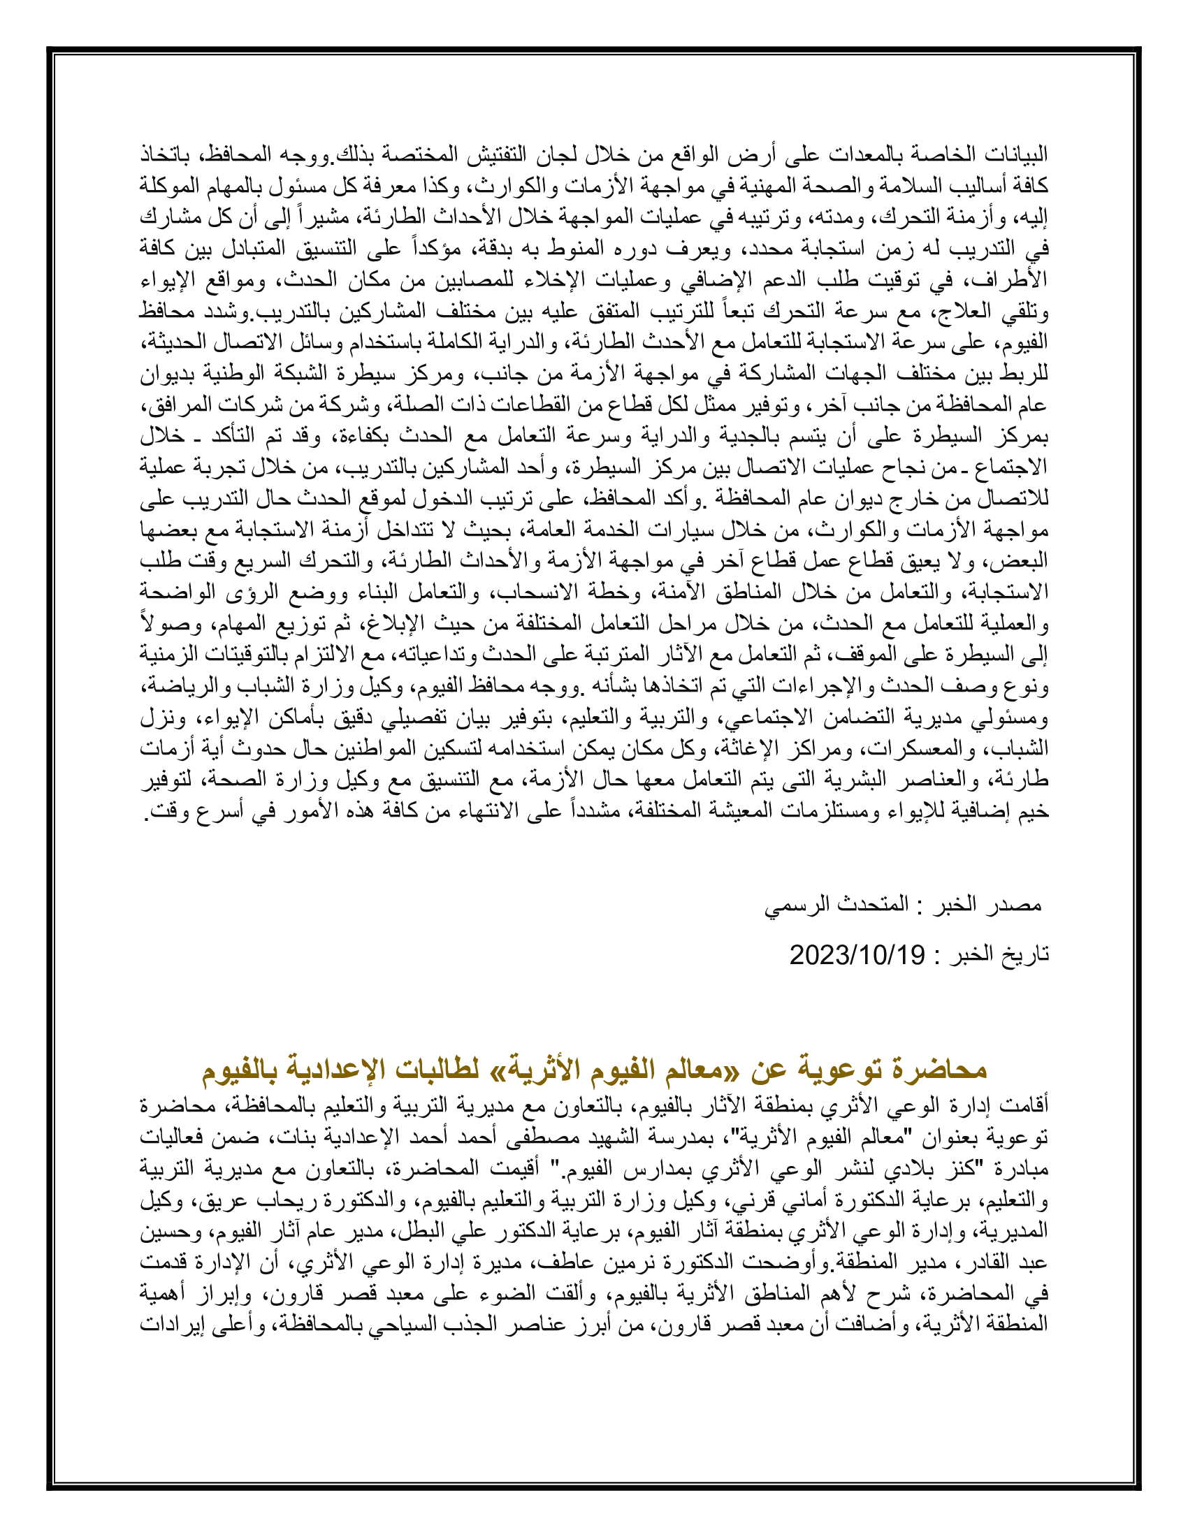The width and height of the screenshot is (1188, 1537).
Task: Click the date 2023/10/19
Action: tap(857, 955)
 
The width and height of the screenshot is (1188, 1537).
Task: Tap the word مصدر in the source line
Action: tap(1016, 904)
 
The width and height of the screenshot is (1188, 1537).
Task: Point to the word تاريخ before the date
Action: tap(1027, 955)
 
